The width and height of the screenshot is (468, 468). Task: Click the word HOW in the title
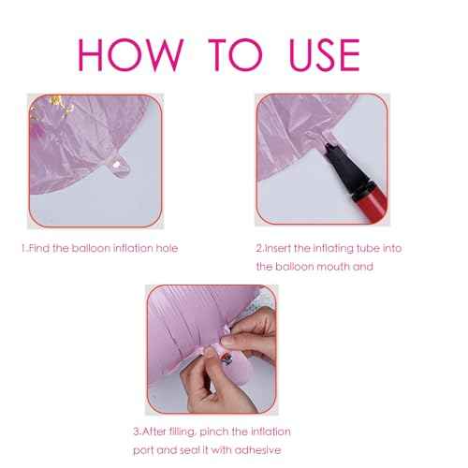[130, 55]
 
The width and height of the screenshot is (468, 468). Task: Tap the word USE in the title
[325, 55]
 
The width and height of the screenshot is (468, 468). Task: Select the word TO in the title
[236, 55]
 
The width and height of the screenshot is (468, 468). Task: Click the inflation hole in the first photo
[117, 165]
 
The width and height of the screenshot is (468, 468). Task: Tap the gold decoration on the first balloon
[61, 106]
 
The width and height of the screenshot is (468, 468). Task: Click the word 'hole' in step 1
[167, 248]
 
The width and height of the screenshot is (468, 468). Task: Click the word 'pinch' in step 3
[214, 431]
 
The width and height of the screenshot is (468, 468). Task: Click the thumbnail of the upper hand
[227, 341]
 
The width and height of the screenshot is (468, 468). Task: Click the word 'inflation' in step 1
[133, 248]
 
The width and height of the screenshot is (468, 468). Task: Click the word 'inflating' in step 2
[333, 249]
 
